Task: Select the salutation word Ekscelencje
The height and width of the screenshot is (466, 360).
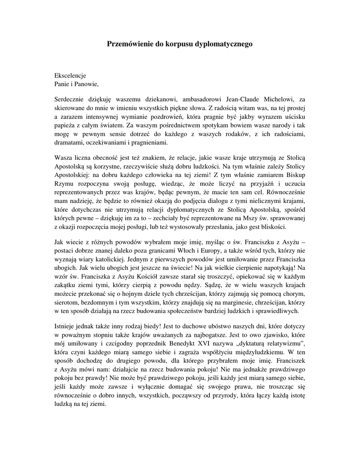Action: [70, 75]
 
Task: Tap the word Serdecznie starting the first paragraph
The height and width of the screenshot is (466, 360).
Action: [70, 99]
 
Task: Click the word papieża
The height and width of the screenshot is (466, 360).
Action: [65, 124]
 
